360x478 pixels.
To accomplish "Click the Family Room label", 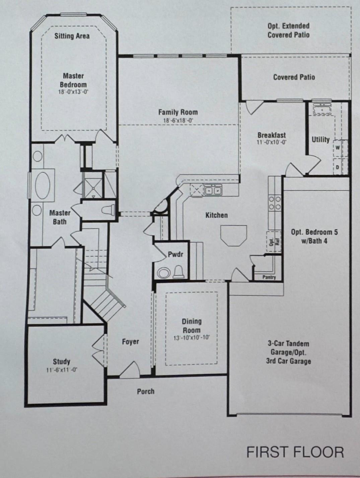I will click(178, 112).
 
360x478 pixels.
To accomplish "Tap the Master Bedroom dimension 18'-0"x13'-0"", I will click(73, 92).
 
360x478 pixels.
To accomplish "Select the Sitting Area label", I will click(72, 36).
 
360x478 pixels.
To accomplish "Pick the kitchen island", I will click(233, 235).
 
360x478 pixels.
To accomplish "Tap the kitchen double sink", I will click(213, 190).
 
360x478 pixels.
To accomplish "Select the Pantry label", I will click(269, 277).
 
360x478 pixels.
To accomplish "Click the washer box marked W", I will click(338, 147).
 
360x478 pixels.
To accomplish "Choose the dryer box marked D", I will click(338, 166).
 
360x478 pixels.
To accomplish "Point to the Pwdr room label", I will click(175, 255).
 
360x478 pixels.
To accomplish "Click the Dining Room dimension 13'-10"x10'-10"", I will click(192, 338).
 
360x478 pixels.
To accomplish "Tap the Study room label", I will click(62, 361).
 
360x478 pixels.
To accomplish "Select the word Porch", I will click(146, 391).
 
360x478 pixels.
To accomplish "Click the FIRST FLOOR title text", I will click(295, 452).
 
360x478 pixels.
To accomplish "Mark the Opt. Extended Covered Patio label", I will click(288, 30).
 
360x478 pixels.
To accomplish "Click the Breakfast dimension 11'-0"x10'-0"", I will click(272, 142).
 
